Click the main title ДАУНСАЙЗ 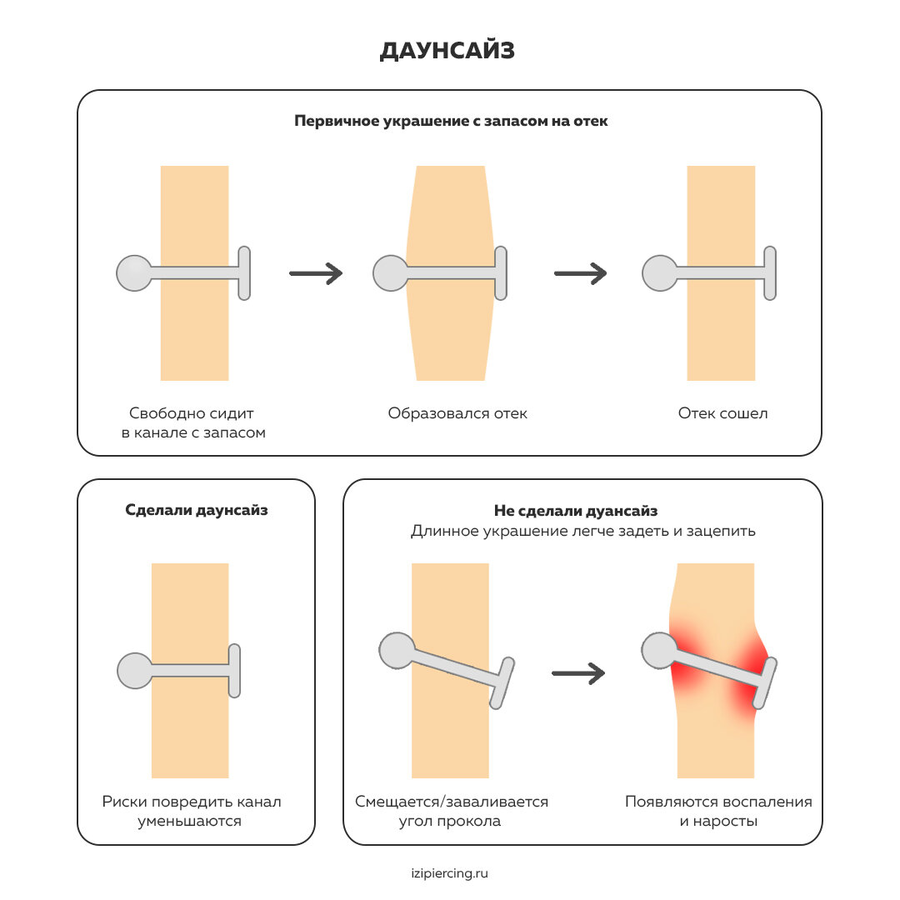coord(447,51)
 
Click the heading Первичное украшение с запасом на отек coord(451,121)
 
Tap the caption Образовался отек coord(457,413)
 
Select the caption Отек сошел coord(722,413)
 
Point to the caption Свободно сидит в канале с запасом coord(193,422)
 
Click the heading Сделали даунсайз coord(197,510)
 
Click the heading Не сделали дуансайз coord(582,510)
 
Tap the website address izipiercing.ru coord(449,873)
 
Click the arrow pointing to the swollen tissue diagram coord(316,272)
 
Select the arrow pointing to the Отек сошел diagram coord(580,272)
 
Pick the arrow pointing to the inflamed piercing coord(578,673)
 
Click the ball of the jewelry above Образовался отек coord(390,273)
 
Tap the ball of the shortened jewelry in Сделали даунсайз coord(135,670)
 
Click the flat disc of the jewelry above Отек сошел coord(770,272)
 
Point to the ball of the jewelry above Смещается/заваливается coord(397,649)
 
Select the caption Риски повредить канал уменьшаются coord(192,811)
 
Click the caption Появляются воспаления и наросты coord(718,811)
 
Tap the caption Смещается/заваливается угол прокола coord(452,811)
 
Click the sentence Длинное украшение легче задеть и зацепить coord(582,531)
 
